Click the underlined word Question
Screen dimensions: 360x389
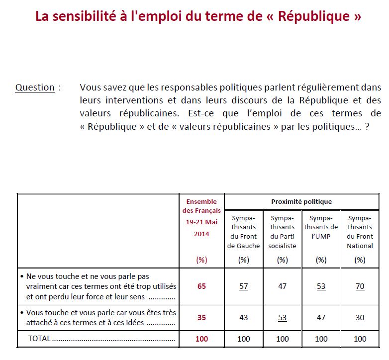point(35,88)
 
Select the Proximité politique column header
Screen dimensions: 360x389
point(301,201)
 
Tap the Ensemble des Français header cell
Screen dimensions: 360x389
point(201,218)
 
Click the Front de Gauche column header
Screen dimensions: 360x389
point(243,232)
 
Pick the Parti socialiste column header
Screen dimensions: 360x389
point(282,232)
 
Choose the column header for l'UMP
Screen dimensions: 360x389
point(321,227)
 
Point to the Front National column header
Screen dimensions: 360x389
point(360,232)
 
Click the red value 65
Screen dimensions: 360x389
point(201,286)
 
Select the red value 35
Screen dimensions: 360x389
point(201,318)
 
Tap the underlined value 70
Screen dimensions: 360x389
point(360,286)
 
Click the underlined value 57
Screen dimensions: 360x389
point(243,286)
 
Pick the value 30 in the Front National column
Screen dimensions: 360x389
point(360,318)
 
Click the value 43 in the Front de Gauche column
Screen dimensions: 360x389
point(243,318)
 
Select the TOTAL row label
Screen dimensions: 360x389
point(40,339)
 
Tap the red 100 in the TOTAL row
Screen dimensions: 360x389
point(201,339)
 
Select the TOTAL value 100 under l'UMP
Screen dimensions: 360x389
point(321,339)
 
